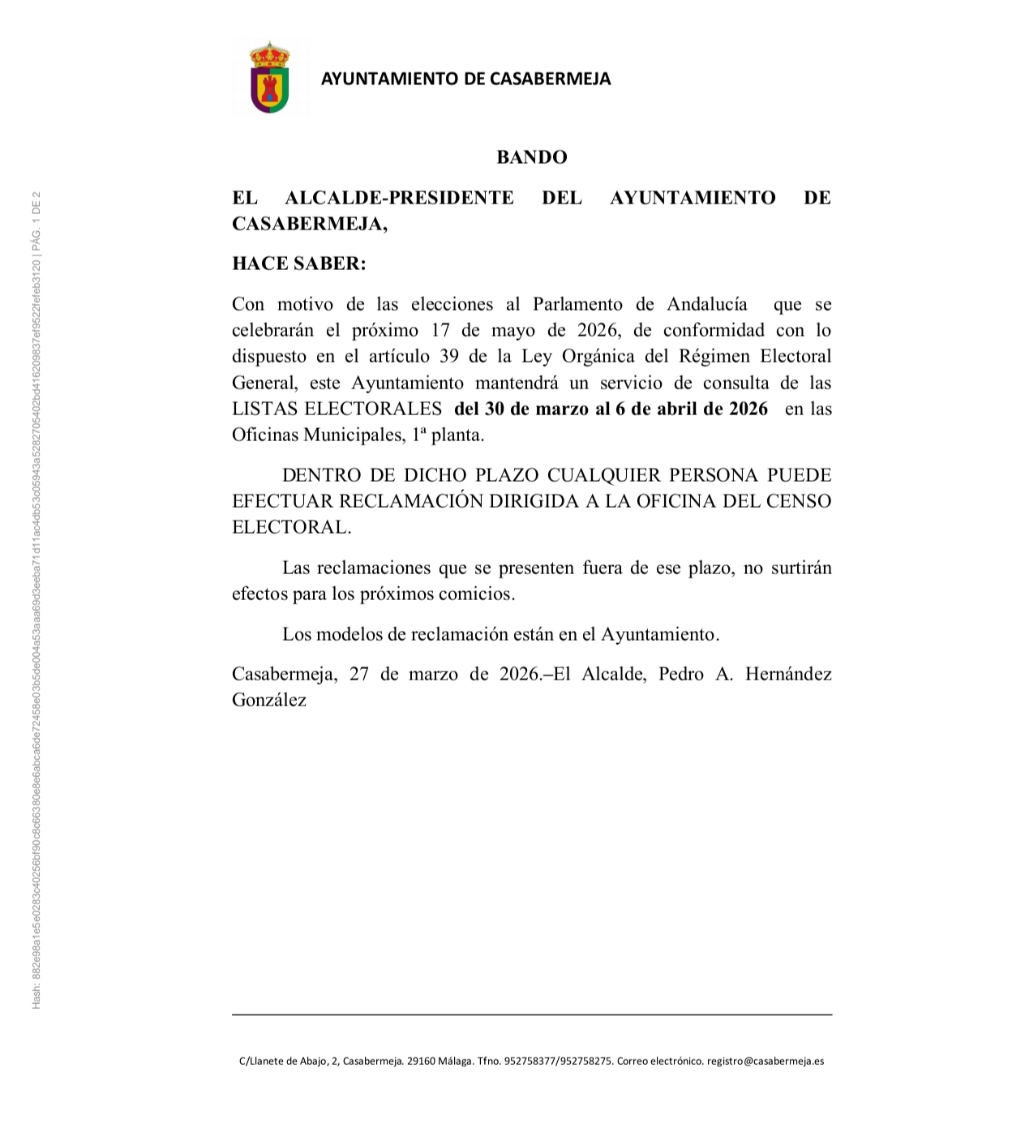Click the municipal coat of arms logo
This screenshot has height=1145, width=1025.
click(270, 79)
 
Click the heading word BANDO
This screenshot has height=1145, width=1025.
click(531, 157)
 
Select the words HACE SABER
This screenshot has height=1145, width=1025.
click(298, 264)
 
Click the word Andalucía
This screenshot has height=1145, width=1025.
click(707, 305)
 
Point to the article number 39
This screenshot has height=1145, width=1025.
click(448, 357)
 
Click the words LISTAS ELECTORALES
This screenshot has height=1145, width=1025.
click(337, 409)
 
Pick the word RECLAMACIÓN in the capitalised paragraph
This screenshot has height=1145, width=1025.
click(410, 501)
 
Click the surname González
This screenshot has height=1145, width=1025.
click(269, 701)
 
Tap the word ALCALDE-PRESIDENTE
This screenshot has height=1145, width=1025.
click(399, 198)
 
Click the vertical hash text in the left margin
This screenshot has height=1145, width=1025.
click(36, 600)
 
